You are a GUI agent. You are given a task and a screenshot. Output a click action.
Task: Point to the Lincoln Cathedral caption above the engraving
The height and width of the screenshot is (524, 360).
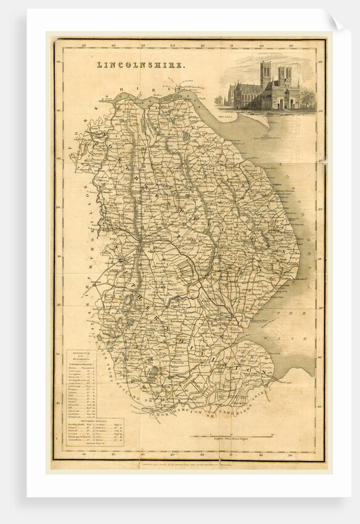[x=269, y=58]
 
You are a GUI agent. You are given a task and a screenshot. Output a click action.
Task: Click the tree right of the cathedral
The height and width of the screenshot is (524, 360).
[x=307, y=99]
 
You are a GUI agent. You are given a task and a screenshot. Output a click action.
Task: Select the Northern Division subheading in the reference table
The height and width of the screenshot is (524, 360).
[x=81, y=364]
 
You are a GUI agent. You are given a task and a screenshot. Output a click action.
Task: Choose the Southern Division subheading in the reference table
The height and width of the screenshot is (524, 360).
[x=81, y=419]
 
